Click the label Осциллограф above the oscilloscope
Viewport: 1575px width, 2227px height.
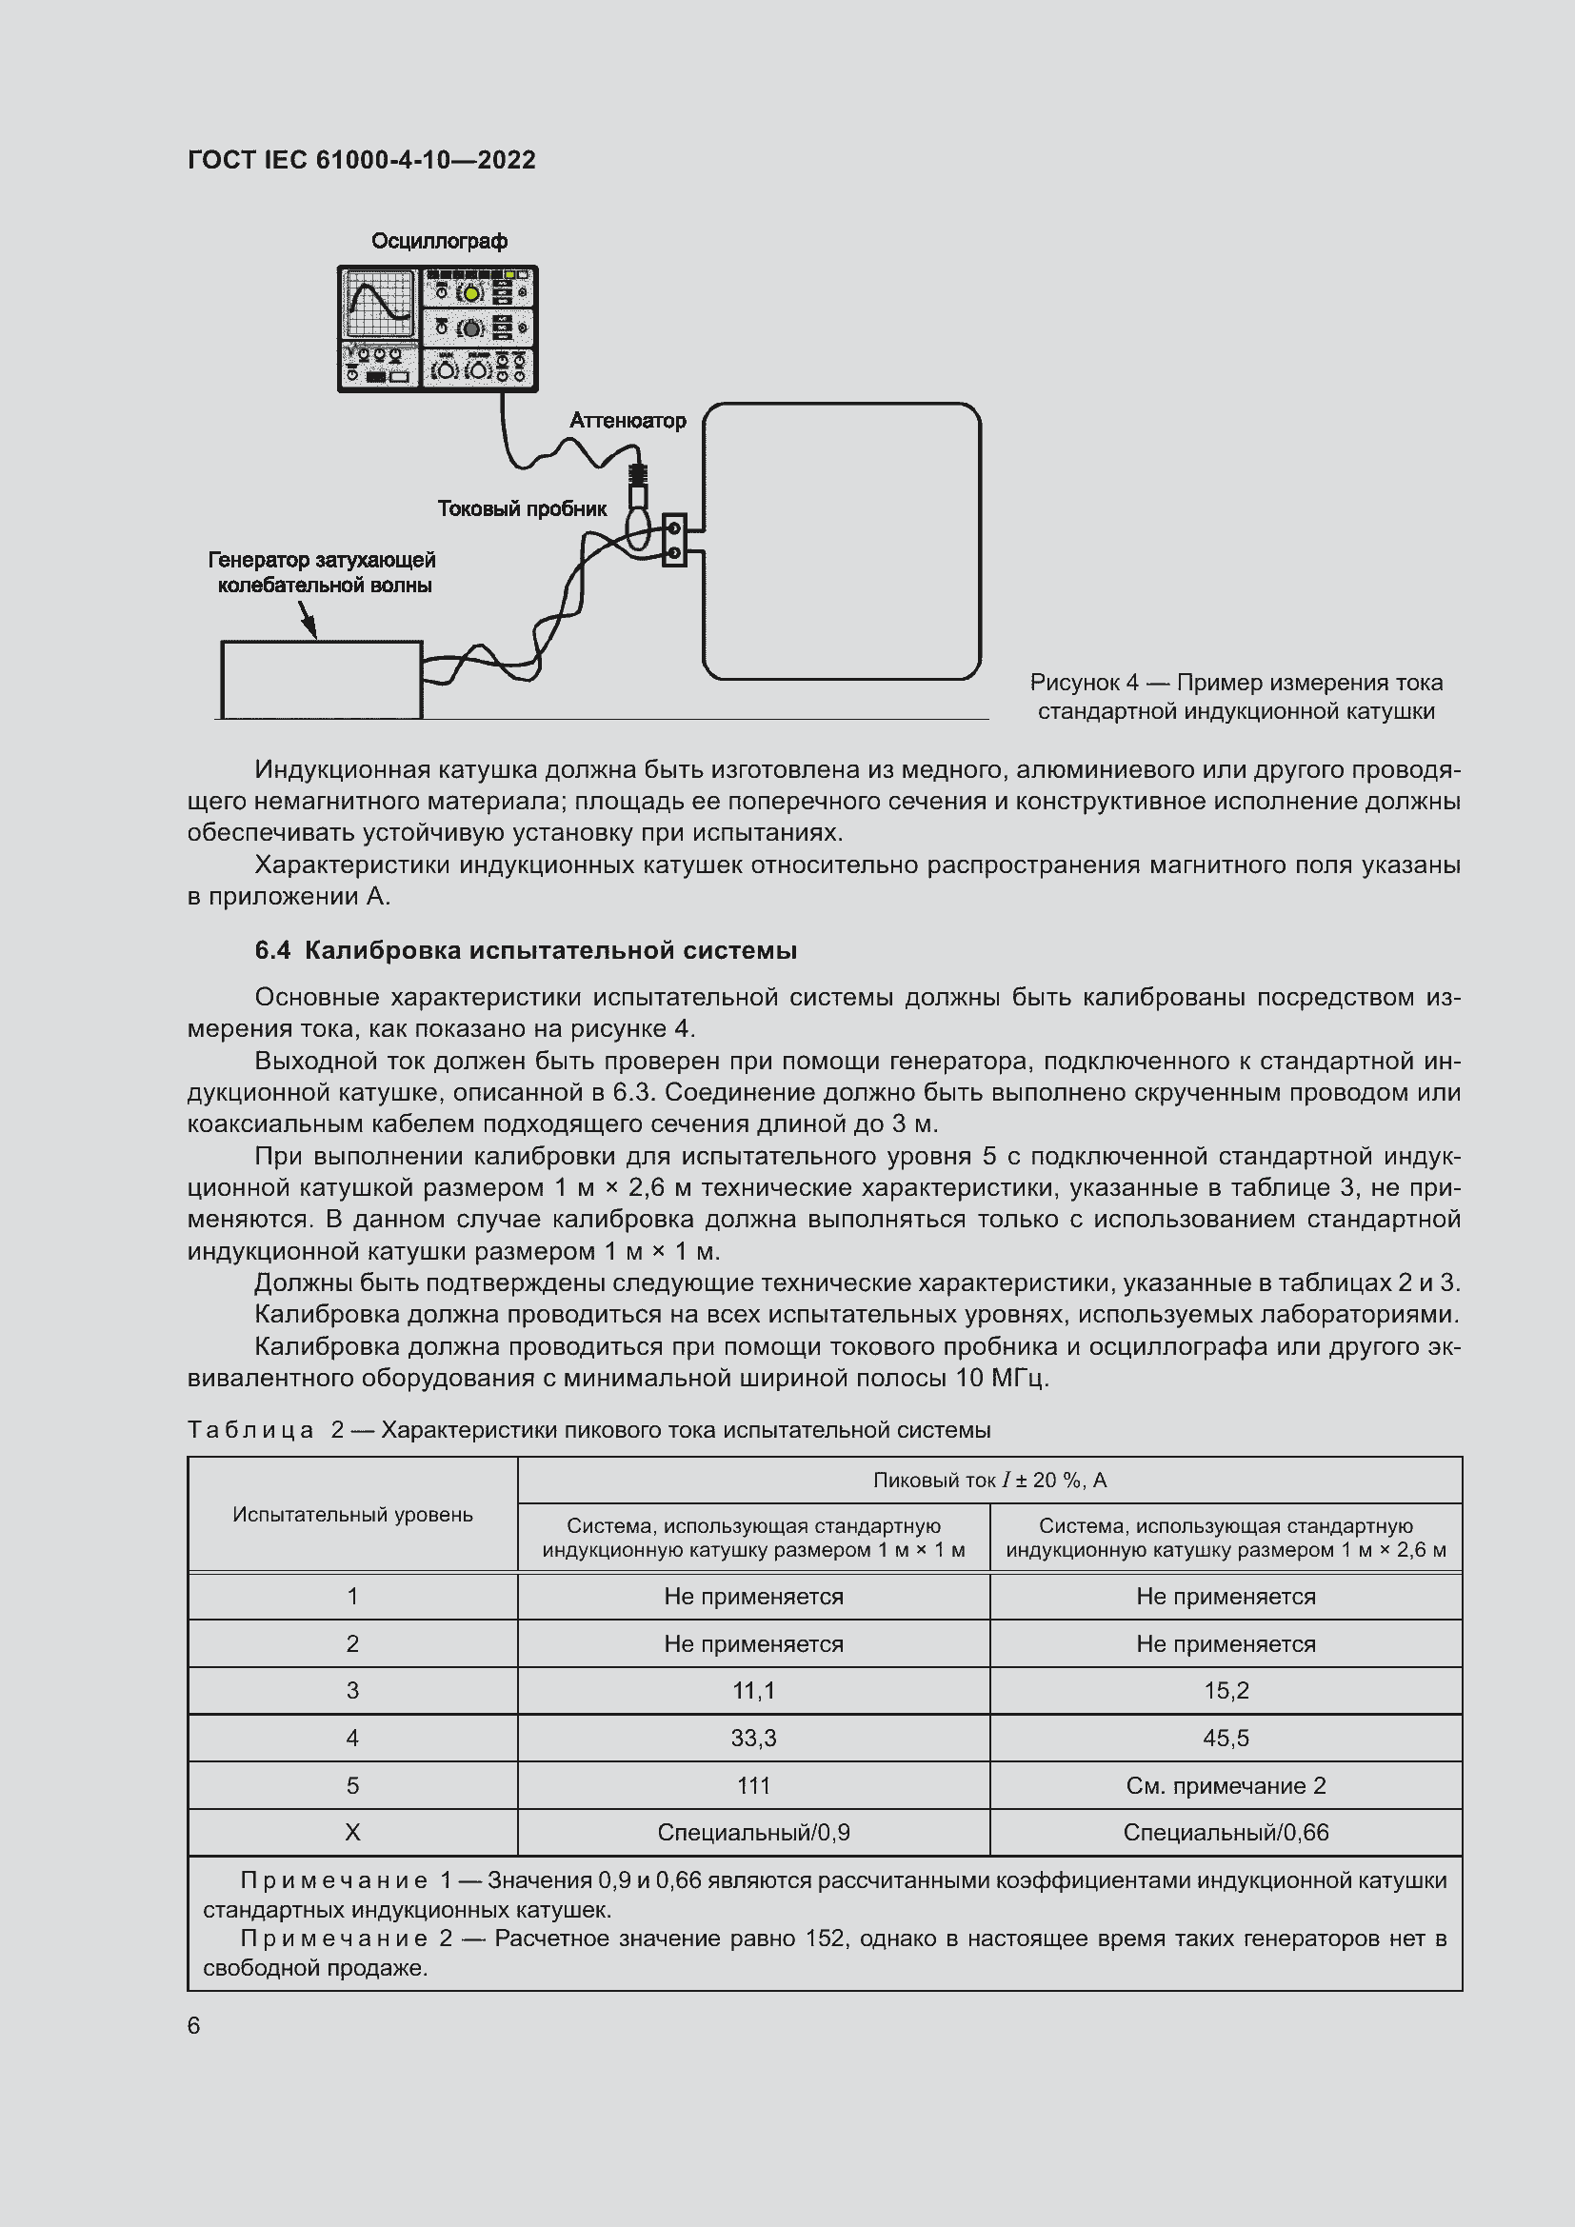click(x=439, y=241)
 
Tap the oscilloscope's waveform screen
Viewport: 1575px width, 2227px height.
click(x=379, y=303)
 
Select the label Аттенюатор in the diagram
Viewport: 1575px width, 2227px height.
click(x=628, y=420)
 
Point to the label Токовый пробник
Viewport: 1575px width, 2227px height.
click(x=522, y=508)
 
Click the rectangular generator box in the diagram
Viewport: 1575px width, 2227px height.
click(x=321, y=679)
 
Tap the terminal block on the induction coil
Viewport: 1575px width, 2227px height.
click(x=674, y=540)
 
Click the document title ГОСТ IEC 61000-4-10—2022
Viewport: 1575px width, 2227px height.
click(x=361, y=160)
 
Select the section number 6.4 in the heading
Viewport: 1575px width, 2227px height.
click(x=272, y=950)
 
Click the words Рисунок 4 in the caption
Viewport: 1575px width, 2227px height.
click(x=1085, y=683)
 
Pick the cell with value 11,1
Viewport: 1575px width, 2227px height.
click(x=752, y=1691)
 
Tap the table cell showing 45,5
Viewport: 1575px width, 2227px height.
click(x=1225, y=1739)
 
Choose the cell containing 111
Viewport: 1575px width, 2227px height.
click(x=752, y=1785)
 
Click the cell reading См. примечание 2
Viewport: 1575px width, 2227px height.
click(x=1225, y=1785)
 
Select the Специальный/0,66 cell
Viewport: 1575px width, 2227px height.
click(x=1225, y=1832)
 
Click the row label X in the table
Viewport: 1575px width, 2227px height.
click(x=352, y=1832)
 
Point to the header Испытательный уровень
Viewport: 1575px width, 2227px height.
click(x=352, y=1514)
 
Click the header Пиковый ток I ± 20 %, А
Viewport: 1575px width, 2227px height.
click(x=989, y=1481)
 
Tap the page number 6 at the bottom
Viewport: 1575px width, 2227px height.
click(x=194, y=2025)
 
